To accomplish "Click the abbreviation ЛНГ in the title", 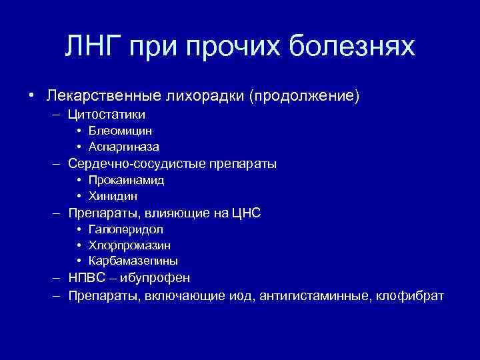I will click(x=94, y=47).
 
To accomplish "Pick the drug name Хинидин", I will click(x=116, y=196).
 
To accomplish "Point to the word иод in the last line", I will click(x=257, y=295).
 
